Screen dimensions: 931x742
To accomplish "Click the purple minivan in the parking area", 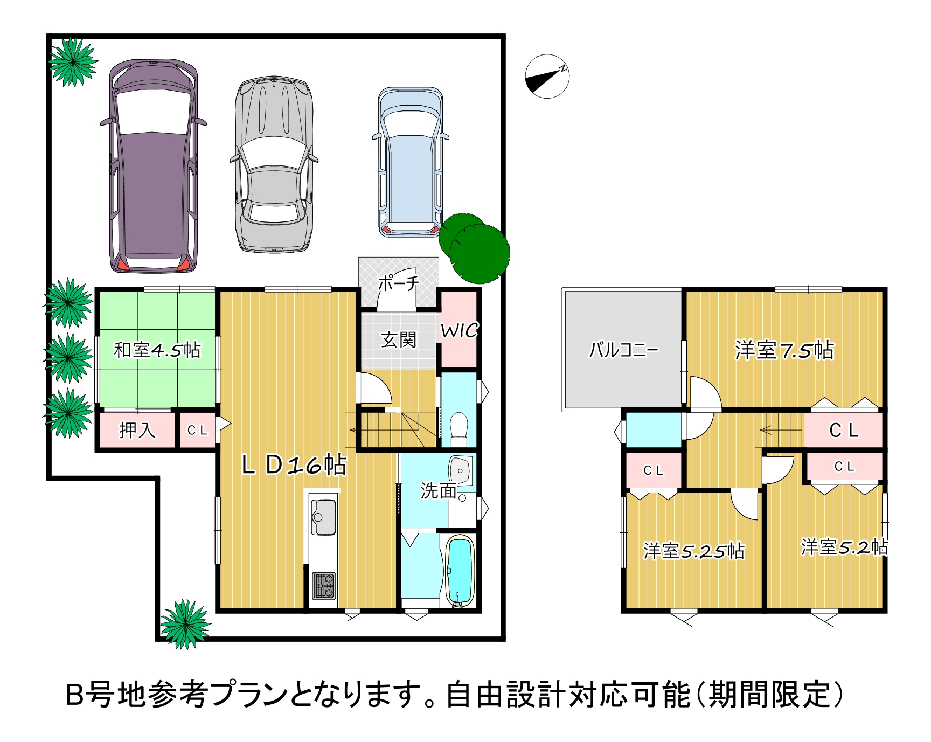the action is coord(154,165).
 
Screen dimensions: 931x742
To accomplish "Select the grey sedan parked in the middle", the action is coord(274,164).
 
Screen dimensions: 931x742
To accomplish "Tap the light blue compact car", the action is coord(411,162).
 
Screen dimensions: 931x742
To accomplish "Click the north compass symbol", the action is coord(547,76).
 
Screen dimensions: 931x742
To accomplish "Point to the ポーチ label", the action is coord(398,283).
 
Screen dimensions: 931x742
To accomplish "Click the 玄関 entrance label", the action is coord(399,339).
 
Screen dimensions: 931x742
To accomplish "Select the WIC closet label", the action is coord(459,330).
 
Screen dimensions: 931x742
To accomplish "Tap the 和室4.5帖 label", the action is coord(157,350).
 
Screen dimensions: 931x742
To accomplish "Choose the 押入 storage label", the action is coord(137,430).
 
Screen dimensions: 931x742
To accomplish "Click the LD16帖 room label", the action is coord(294,464).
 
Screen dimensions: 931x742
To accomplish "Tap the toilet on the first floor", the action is coord(458,429).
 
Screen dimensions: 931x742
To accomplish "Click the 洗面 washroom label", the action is coord(439,491).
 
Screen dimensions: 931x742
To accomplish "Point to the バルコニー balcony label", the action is coord(623,350).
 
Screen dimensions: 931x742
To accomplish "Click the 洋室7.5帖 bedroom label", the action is coord(784,350).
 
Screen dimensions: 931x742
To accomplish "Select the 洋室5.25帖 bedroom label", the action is coord(694,551).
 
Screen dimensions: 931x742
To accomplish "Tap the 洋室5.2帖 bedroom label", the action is coord(844,547).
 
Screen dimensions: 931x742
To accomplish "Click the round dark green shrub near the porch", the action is coord(475,248).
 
